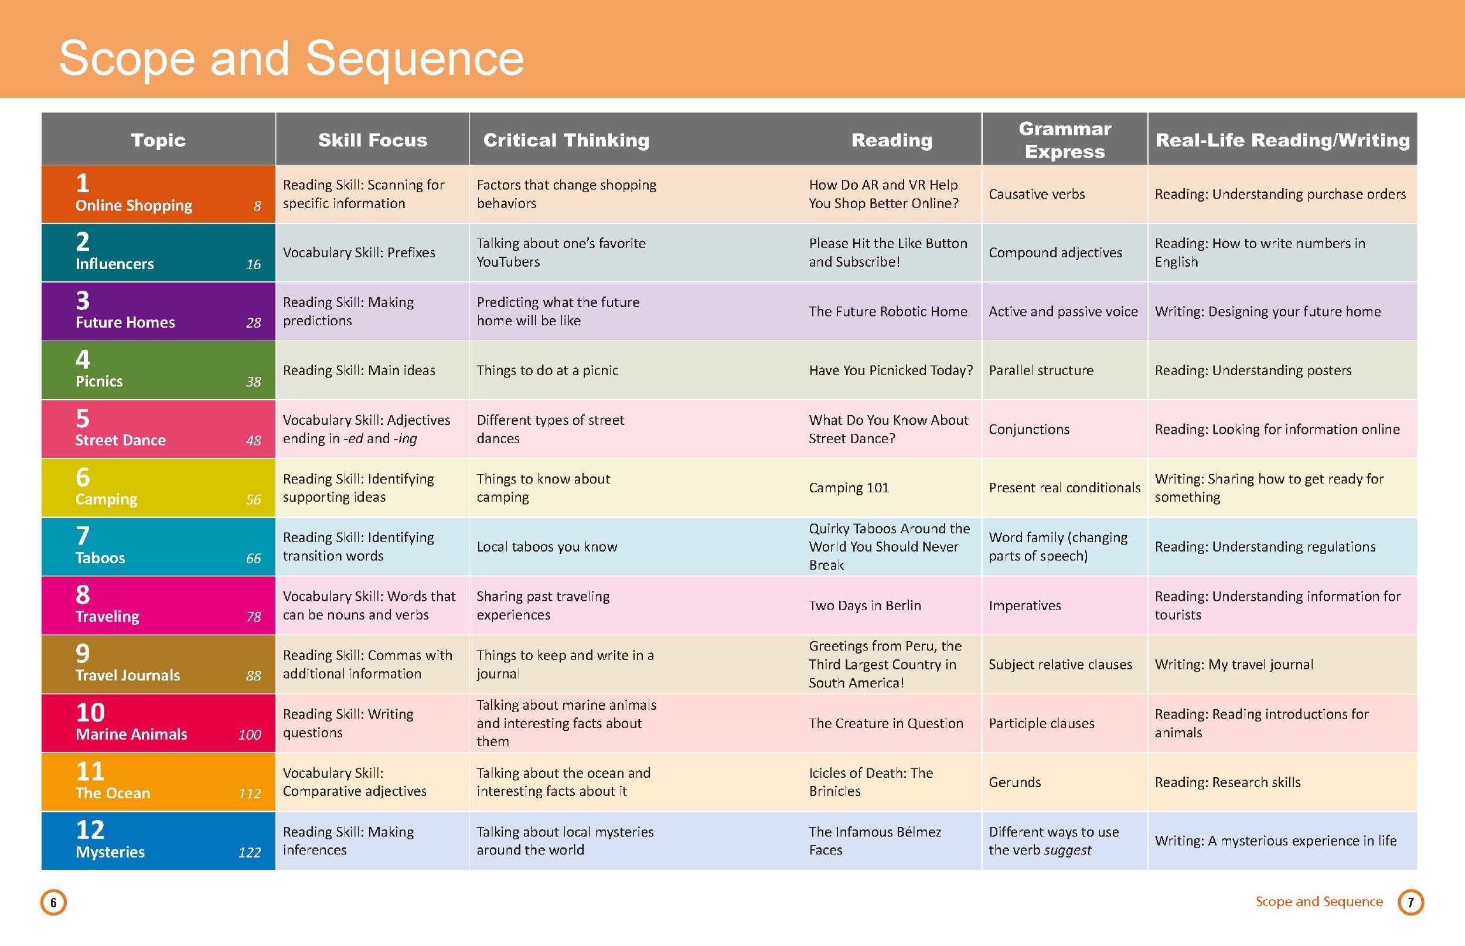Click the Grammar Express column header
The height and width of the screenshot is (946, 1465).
1065,140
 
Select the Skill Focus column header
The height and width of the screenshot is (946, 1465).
372,140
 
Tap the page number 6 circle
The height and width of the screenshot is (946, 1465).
53,903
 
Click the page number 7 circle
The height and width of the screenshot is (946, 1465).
1411,903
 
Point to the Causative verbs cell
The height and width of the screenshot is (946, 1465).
1037,194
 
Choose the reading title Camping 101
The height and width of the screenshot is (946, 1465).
849,488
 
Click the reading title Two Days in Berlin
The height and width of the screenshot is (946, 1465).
864,605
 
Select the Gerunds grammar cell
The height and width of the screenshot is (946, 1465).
1014,782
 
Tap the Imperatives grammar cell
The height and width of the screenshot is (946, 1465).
1024,605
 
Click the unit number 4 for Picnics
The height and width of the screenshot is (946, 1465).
83,359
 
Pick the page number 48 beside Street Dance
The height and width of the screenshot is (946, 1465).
253,440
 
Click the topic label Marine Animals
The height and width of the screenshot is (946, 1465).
131,734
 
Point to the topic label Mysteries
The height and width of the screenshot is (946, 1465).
111,852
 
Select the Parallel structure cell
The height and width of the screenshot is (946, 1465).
1041,370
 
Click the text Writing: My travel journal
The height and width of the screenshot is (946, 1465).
1234,665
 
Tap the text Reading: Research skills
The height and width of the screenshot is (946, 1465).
1228,782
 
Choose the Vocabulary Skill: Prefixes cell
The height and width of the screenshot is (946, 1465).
359,253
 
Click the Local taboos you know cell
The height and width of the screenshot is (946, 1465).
547,547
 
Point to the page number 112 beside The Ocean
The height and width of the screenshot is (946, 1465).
249,794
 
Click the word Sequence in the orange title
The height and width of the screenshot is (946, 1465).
414,59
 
